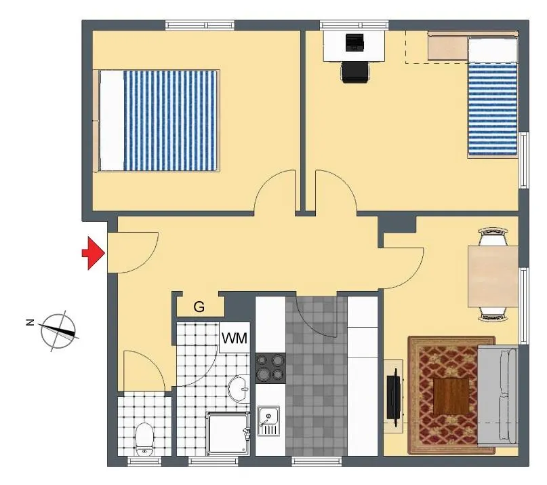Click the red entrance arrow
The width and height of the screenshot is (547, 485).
point(94,253)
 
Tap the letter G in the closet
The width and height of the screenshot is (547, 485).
point(199,307)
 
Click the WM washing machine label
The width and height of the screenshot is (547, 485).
point(235,338)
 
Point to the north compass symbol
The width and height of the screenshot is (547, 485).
point(58,330)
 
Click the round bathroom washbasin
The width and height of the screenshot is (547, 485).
point(239,389)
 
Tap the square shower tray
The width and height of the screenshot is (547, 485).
point(228,434)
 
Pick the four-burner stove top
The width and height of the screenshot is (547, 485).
point(270,368)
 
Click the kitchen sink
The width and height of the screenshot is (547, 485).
point(268,421)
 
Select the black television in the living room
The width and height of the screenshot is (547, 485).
point(394,397)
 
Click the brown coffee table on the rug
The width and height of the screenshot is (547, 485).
point(451,396)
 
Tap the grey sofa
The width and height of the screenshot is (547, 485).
point(498,397)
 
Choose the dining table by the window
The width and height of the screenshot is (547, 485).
point(493,276)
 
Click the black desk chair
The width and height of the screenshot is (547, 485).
point(354,73)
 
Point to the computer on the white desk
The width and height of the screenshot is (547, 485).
point(354,42)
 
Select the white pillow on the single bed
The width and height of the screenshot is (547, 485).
point(493,50)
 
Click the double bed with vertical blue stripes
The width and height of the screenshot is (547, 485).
point(157,121)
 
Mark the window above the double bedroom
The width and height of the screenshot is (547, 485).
point(200,25)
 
